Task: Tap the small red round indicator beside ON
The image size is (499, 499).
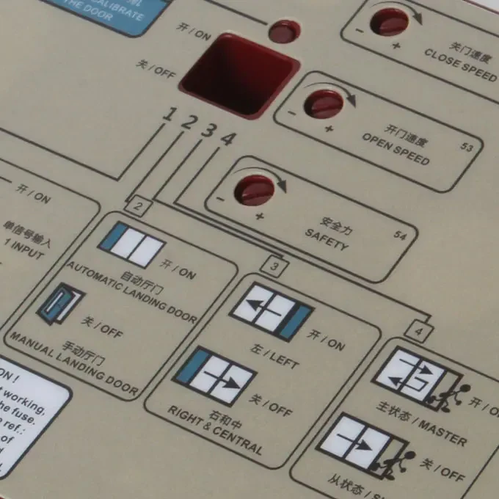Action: pos(284,31)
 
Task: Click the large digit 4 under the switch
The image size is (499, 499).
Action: pos(227,138)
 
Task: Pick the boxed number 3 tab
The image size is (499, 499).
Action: pos(274,267)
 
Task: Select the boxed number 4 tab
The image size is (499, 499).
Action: pos(418,332)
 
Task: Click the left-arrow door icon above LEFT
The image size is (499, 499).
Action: pos(271,313)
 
